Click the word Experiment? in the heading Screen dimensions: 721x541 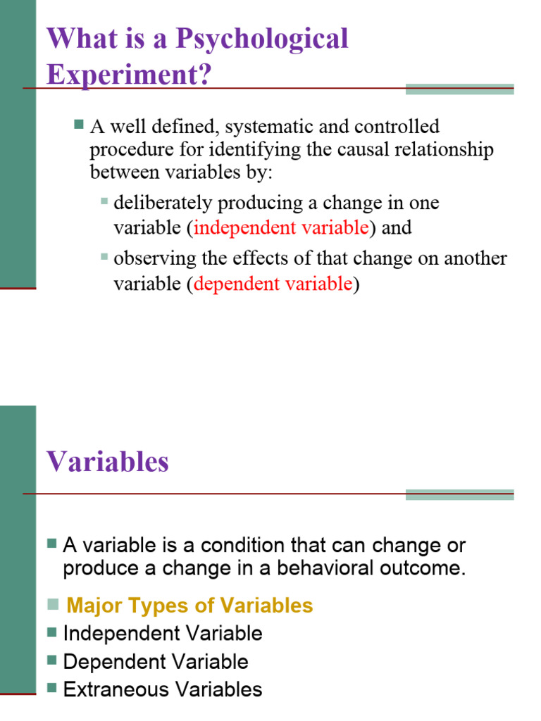tap(129, 75)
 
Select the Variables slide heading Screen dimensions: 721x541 tap(108, 462)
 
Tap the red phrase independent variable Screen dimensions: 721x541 tap(281, 228)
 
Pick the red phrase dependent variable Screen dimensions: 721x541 tap(273, 284)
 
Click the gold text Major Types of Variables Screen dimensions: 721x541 tap(189, 606)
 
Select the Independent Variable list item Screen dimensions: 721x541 tap(163, 634)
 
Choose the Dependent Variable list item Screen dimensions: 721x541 tap(156, 662)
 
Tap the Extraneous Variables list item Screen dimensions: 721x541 tap(163, 690)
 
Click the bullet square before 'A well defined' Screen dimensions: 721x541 tap(78, 125)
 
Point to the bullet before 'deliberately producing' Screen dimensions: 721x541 tap(104, 201)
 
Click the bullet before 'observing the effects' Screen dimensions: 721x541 tap(104, 257)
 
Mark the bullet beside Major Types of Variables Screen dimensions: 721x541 tap(53, 604)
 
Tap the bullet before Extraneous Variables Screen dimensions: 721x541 tap(51, 688)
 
